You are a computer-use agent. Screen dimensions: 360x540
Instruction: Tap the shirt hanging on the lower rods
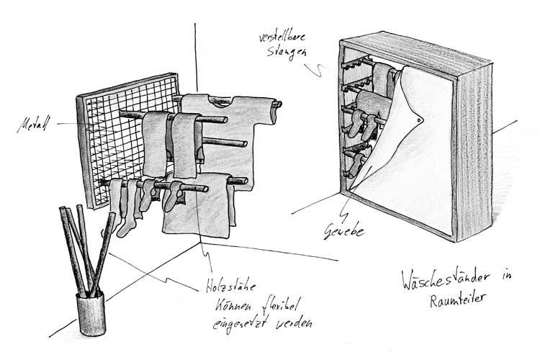tap(196, 209)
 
